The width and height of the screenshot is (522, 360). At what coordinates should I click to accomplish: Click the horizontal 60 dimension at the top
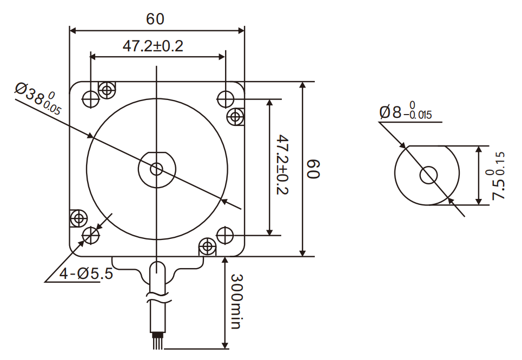coord(155,19)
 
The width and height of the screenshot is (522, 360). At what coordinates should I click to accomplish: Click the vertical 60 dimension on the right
coord(314,169)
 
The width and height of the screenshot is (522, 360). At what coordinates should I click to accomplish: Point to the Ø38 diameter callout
coord(38,97)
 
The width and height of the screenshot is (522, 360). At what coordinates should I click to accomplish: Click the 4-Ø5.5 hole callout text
coord(86,274)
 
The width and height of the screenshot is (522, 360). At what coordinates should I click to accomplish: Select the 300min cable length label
coord(237,301)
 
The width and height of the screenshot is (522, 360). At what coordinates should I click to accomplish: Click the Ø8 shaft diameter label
coord(405,112)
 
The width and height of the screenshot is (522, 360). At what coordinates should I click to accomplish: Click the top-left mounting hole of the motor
coord(90,98)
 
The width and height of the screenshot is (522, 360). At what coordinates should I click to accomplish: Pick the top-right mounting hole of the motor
coord(225,98)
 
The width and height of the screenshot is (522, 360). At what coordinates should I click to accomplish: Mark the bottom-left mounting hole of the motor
coord(90,235)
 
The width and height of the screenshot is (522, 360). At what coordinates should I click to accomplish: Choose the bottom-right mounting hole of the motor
coord(225,235)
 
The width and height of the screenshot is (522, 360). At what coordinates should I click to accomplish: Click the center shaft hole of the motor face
coord(157,169)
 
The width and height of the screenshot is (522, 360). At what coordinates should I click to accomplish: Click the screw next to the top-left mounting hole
coord(107,89)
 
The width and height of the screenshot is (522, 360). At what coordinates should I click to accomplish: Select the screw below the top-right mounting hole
coord(236,116)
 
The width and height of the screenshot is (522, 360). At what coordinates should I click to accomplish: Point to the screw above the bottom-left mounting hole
coord(79,218)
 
